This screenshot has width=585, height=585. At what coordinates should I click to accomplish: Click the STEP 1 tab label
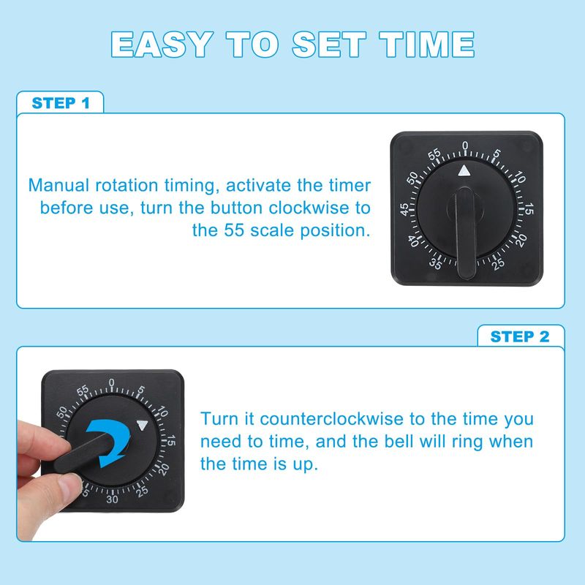61,103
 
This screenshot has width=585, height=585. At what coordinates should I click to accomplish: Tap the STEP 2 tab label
520,336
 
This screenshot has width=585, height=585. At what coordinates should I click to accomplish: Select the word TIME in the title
426,45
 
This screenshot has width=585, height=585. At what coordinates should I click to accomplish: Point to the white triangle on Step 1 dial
464,170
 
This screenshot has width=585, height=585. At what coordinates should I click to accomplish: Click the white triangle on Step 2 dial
142,425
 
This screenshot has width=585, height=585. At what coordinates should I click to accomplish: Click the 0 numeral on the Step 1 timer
465,145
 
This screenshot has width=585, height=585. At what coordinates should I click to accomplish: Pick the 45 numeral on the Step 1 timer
404,209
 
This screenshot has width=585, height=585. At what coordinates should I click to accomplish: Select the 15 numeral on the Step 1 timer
529,209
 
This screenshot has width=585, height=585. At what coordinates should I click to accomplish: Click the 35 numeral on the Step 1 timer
435,264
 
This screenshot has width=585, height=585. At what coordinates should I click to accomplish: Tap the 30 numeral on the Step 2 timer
112,499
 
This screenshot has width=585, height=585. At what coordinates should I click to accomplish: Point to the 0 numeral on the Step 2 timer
111,382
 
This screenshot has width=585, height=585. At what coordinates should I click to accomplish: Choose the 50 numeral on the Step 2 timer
61,412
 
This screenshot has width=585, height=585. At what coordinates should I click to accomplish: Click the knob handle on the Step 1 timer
465,233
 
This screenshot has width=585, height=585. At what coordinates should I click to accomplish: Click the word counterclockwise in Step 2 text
332,419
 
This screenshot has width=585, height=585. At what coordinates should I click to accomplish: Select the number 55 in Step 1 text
233,230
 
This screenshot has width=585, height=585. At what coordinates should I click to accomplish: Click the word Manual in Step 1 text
59,186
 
